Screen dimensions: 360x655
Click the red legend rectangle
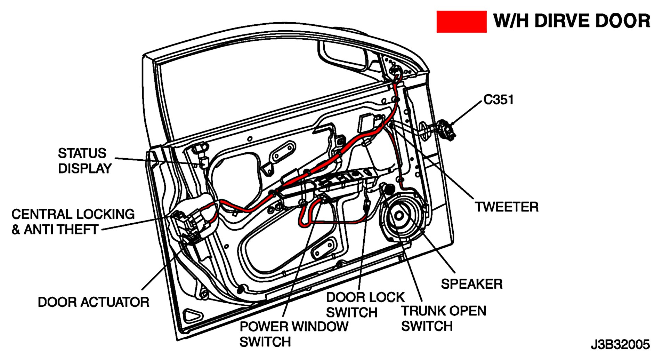tap(461, 22)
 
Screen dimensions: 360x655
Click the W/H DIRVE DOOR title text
tap(572, 21)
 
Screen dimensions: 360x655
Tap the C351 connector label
tap(498, 100)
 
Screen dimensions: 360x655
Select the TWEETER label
tap(507, 207)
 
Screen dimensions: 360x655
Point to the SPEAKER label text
tap(471, 284)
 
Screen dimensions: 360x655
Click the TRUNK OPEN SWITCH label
tap(443, 319)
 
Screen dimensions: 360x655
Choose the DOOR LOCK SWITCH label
tap(365, 305)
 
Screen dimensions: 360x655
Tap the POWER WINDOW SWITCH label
tap(294, 334)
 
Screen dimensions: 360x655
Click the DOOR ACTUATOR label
tap(94, 302)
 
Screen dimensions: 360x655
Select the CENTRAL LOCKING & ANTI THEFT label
tap(73, 222)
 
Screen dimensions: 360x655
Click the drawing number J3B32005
tap(620, 345)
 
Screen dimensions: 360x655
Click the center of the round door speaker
tap(399, 216)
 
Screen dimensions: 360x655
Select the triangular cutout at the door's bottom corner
tap(193, 315)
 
